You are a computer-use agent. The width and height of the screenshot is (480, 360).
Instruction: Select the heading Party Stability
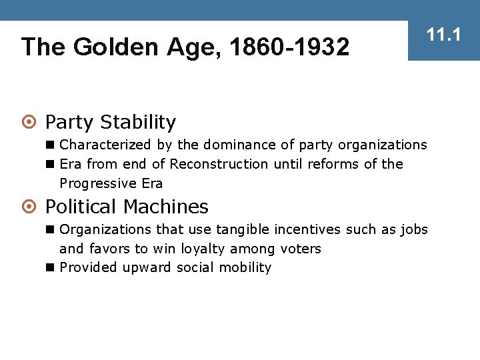click(111, 123)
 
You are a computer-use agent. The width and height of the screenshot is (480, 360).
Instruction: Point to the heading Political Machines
click(127, 207)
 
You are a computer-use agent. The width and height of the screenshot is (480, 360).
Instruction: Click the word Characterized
click(105, 145)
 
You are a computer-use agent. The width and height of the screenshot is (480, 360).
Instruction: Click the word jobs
click(414, 230)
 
